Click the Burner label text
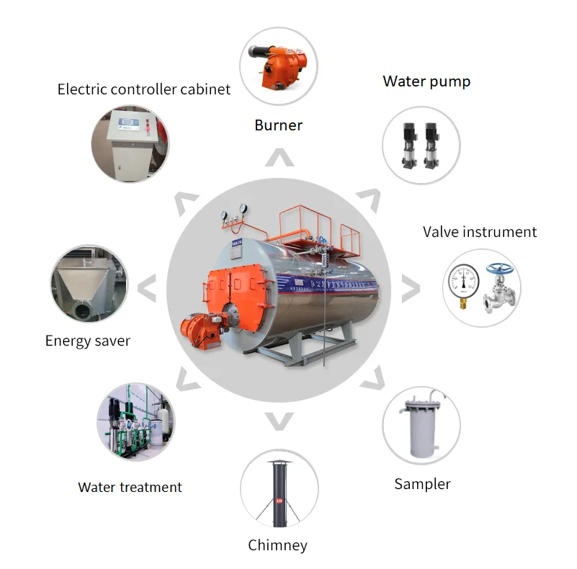(278, 125)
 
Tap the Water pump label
(426, 81)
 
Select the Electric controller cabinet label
(144, 89)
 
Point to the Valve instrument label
(479, 232)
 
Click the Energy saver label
(88, 341)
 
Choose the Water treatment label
(130, 488)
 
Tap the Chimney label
(277, 545)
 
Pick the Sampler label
(422, 484)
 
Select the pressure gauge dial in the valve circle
(462, 282)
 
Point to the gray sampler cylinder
(420, 433)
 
